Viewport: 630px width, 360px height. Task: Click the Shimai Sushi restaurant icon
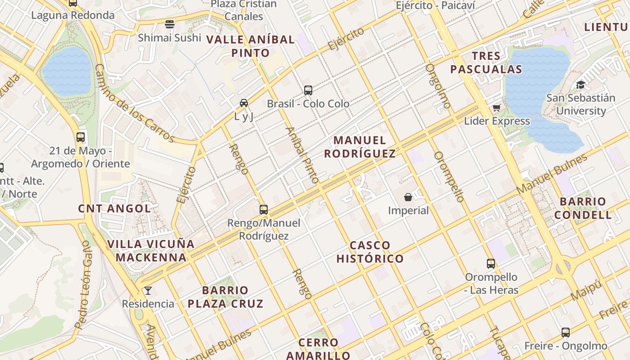[170, 24]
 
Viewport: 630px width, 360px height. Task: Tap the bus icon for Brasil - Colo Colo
[308, 90]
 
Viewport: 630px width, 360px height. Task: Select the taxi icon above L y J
[244, 103]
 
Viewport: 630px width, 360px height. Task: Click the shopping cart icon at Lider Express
[497, 108]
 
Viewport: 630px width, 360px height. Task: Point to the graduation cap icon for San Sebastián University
[581, 85]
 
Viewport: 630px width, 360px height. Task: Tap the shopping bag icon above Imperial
[408, 197]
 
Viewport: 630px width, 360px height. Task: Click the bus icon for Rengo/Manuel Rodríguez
[264, 209]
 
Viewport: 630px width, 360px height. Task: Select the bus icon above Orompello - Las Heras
[491, 263]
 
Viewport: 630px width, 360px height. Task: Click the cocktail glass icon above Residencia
[148, 290]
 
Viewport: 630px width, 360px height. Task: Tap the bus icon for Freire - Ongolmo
[566, 333]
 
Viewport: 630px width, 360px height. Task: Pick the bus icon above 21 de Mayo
[81, 137]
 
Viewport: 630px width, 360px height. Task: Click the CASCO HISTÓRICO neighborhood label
[370, 252]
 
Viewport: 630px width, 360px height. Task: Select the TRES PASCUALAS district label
[486, 63]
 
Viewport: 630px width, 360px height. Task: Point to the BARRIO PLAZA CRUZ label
[225, 297]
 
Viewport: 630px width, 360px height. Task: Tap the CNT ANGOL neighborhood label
[114, 208]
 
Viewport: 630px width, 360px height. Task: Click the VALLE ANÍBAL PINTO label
[250, 46]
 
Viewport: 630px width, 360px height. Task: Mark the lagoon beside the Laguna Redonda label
[67, 71]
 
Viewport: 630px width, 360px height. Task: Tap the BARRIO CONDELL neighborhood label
[583, 208]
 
